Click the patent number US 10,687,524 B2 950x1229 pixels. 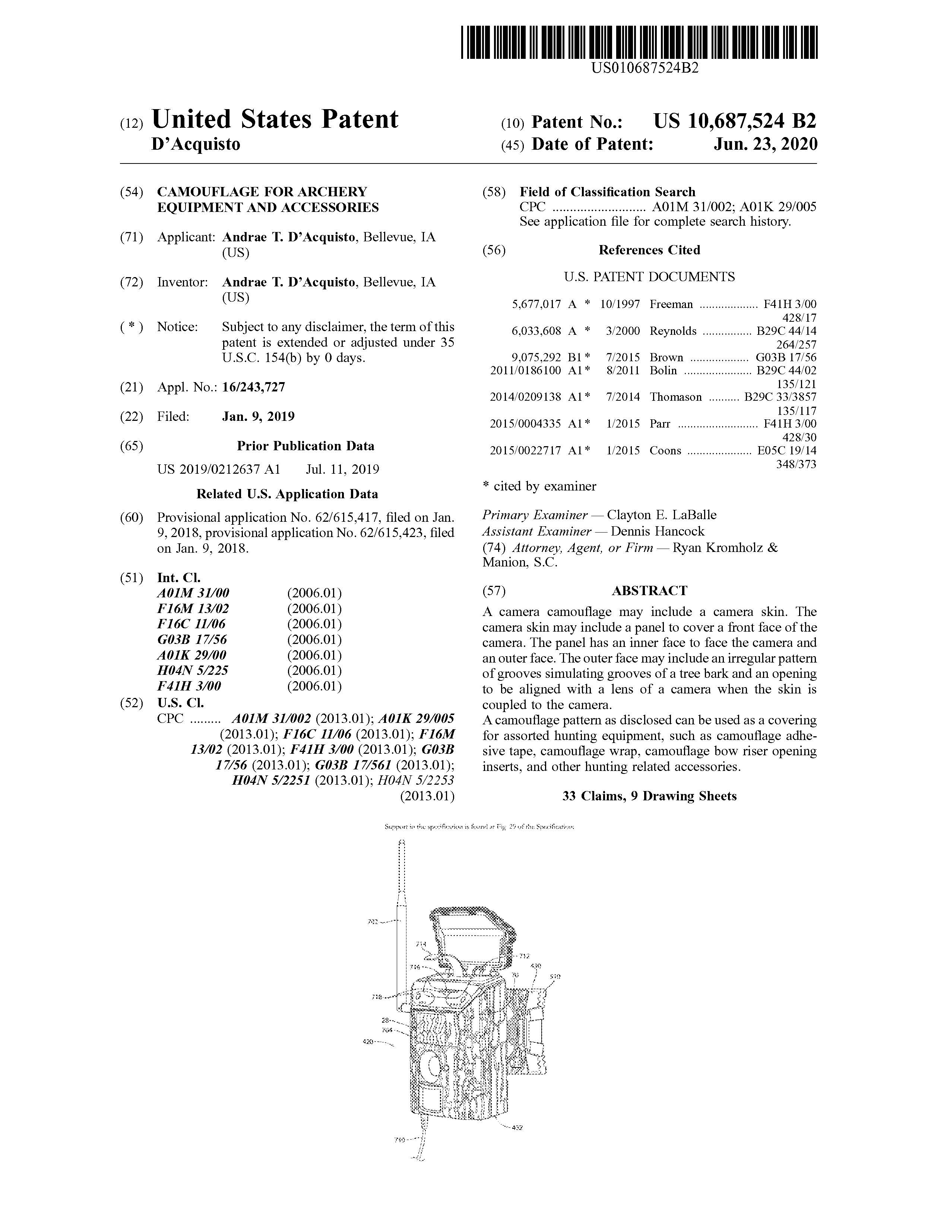(x=734, y=121)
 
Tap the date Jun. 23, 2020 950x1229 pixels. (x=766, y=144)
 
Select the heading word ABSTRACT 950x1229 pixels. (x=649, y=590)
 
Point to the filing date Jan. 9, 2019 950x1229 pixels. (x=258, y=416)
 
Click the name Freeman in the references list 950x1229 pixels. (x=671, y=304)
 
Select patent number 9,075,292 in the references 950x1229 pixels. (x=536, y=357)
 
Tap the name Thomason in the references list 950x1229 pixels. (x=675, y=397)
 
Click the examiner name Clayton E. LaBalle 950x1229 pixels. (x=661, y=515)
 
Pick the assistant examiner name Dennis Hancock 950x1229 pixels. (x=657, y=531)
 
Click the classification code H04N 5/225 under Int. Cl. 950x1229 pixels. (x=193, y=670)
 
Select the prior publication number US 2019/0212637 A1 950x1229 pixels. (x=218, y=469)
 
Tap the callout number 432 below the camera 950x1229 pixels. (x=517, y=1127)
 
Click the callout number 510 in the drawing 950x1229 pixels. (x=554, y=976)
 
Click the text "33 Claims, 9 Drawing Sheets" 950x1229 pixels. (x=649, y=796)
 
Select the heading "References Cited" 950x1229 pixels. (x=649, y=250)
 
